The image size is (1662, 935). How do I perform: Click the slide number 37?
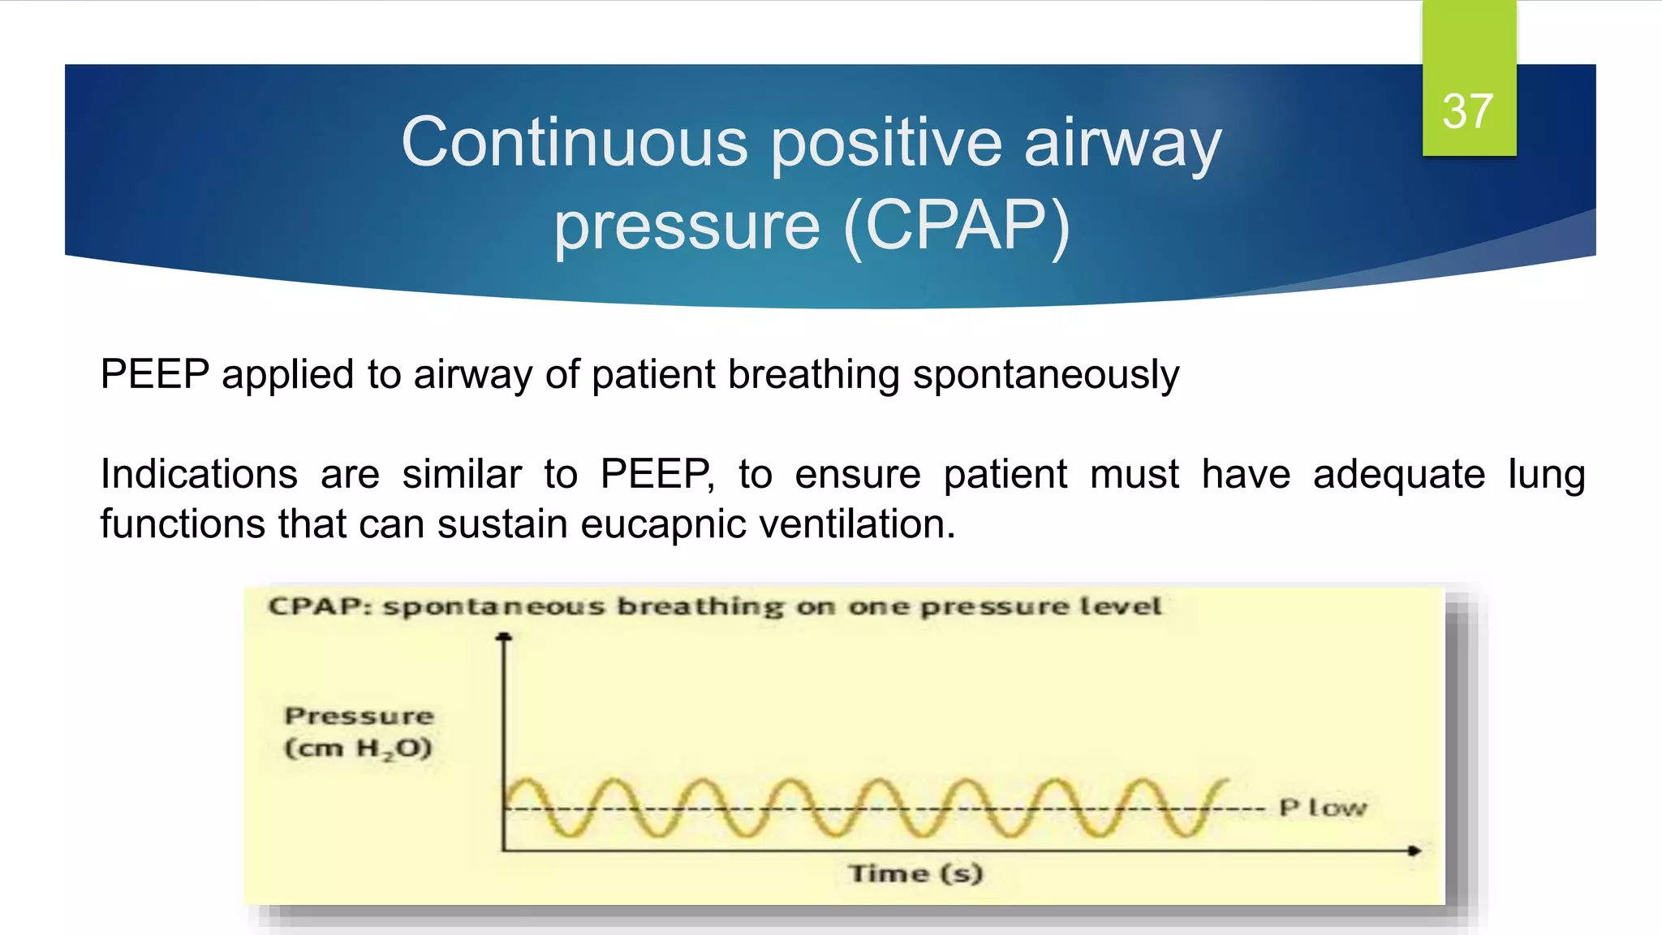point(1467,111)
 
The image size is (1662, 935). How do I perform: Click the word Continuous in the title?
point(574,142)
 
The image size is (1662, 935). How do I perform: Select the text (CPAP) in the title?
point(958,226)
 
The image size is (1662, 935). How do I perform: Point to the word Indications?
point(199,474)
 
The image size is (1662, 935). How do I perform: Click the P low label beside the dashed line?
point(1323,808)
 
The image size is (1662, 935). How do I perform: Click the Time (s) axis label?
point(915,873)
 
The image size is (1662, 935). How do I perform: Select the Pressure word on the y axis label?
point(359,716)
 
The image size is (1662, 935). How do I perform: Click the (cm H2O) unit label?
point(358,748)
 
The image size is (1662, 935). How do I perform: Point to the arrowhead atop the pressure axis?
point(504,637)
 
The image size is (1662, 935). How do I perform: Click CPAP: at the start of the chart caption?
point(320,606)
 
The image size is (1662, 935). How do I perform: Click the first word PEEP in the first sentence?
point(154,375)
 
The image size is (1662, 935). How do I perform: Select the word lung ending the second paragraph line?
point(1546,474)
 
